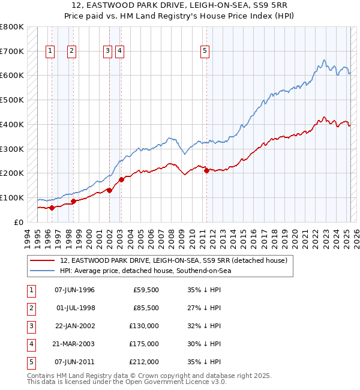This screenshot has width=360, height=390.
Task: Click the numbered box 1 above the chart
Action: (x=49, y=52)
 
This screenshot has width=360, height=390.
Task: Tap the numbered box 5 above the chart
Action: (x=205, y=52)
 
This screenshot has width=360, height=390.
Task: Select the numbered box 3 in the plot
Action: (x=107, y=52)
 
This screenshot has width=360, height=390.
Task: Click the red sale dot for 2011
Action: (x=206, y=170)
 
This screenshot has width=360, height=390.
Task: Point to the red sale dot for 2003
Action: (x=121, y=179)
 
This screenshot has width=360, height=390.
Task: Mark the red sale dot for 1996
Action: (x=52, y=208)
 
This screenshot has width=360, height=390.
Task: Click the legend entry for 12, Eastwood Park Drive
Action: (x=173, y=260)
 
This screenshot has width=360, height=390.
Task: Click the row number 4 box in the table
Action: (x=31, y=344)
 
